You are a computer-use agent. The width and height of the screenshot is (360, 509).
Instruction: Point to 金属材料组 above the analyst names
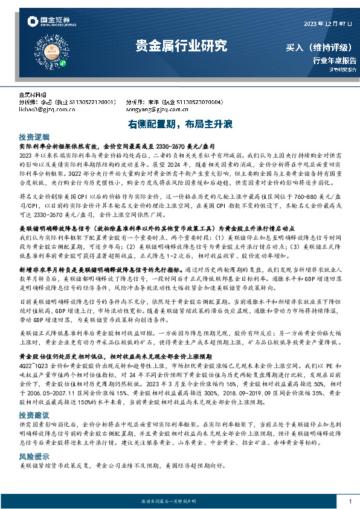[x=33, y=95]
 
